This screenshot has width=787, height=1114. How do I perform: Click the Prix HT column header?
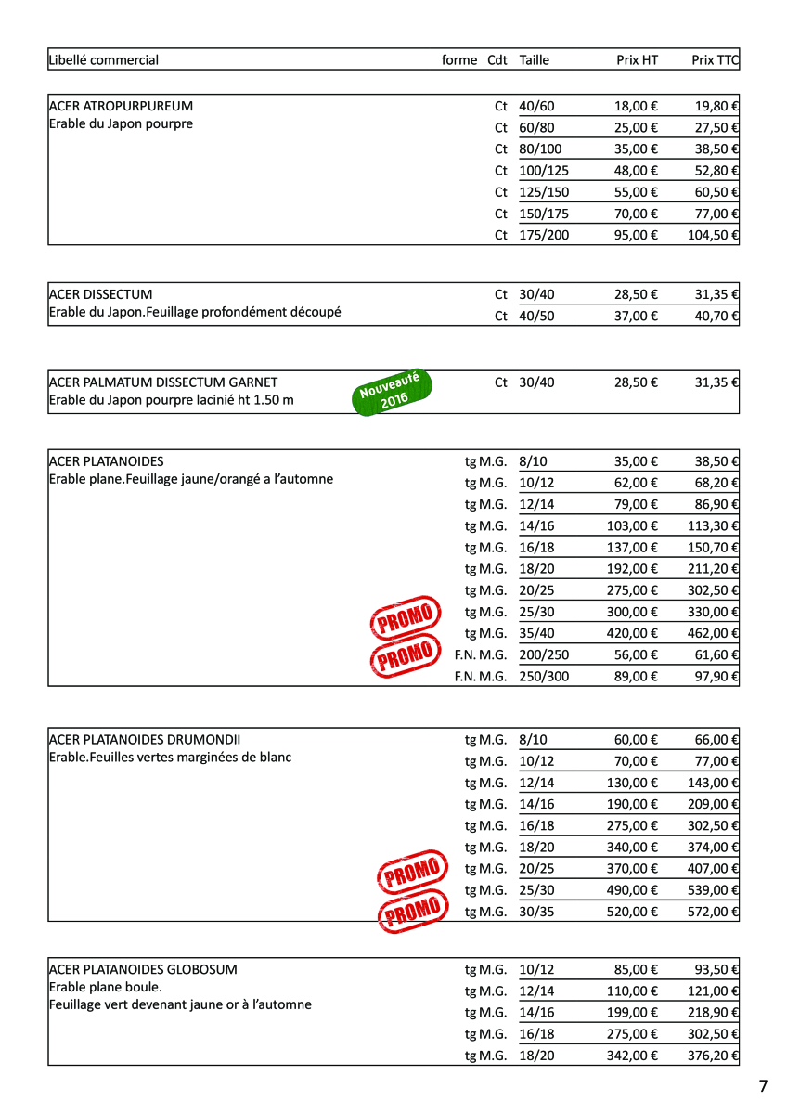click(x=637, y=60)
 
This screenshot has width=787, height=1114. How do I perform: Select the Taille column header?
click(x=535, y=60)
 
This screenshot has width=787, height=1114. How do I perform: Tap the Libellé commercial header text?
click(x=103, y=60)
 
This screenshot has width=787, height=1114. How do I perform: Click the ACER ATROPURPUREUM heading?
click(x=121, y=106)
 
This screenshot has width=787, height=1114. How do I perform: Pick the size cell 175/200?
click(x=544, y=235)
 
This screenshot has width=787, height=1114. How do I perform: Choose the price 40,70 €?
click(x=716, y=316)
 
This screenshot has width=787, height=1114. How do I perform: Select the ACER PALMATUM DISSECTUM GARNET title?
click(x=162, y=382)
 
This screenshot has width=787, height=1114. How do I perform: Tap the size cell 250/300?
click(x=544, y=676)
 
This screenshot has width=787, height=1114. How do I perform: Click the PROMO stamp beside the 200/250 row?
click(x=404, y=656)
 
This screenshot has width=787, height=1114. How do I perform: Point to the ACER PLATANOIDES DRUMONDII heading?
click(x=144, y=740)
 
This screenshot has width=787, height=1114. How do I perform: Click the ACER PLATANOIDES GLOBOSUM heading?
click(x=142, y=969)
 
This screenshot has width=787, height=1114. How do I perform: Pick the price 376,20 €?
click(x=713, y=1056)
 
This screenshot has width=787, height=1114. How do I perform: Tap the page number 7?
click(x=763, y=1086)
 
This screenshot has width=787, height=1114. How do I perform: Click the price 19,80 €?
click(x=716, y=106)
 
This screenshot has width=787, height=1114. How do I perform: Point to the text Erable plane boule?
click(x=105, y=987)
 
